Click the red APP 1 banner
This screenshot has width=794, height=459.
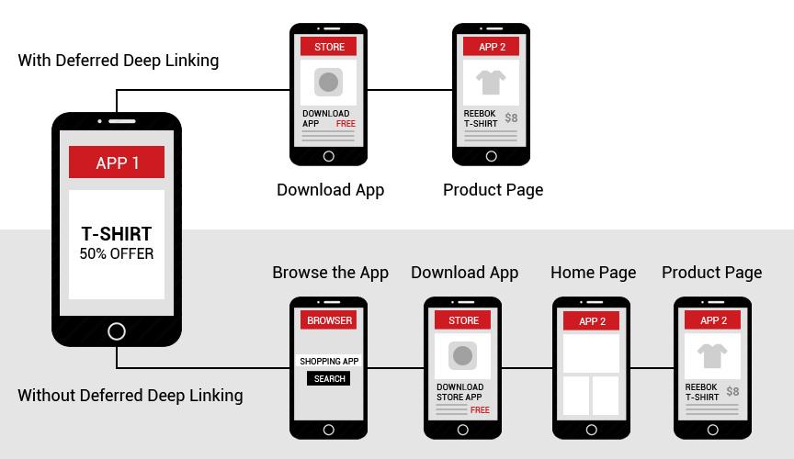tap(117, 162)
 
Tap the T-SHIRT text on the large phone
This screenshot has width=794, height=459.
tap(117, 234)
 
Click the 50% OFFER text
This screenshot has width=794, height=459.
tap(117, 253)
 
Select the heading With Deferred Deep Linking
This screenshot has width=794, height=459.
tap(119, 61)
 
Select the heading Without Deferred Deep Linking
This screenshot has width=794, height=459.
tap(130, 396)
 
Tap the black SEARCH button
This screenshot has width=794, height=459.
tap(329, 378)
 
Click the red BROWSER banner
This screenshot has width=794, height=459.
tap(329, 320)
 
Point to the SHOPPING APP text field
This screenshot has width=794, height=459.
tap(329, 361)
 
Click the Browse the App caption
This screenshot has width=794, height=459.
tap(330, 273)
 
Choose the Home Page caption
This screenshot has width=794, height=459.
tap(593, 273)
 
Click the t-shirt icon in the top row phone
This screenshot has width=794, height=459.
tap(491, 82)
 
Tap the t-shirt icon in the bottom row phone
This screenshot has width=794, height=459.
tap(712, 356)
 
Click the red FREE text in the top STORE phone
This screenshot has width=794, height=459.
tap(346, 124)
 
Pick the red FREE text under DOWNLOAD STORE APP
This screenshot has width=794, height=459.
tap(480, 410)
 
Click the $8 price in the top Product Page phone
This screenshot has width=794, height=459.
tap(511, 118)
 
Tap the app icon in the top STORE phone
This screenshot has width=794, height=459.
tap(328, 82)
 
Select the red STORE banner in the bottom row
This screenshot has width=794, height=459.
tap(463, 320)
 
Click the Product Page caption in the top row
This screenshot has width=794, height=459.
tap(493, 190)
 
